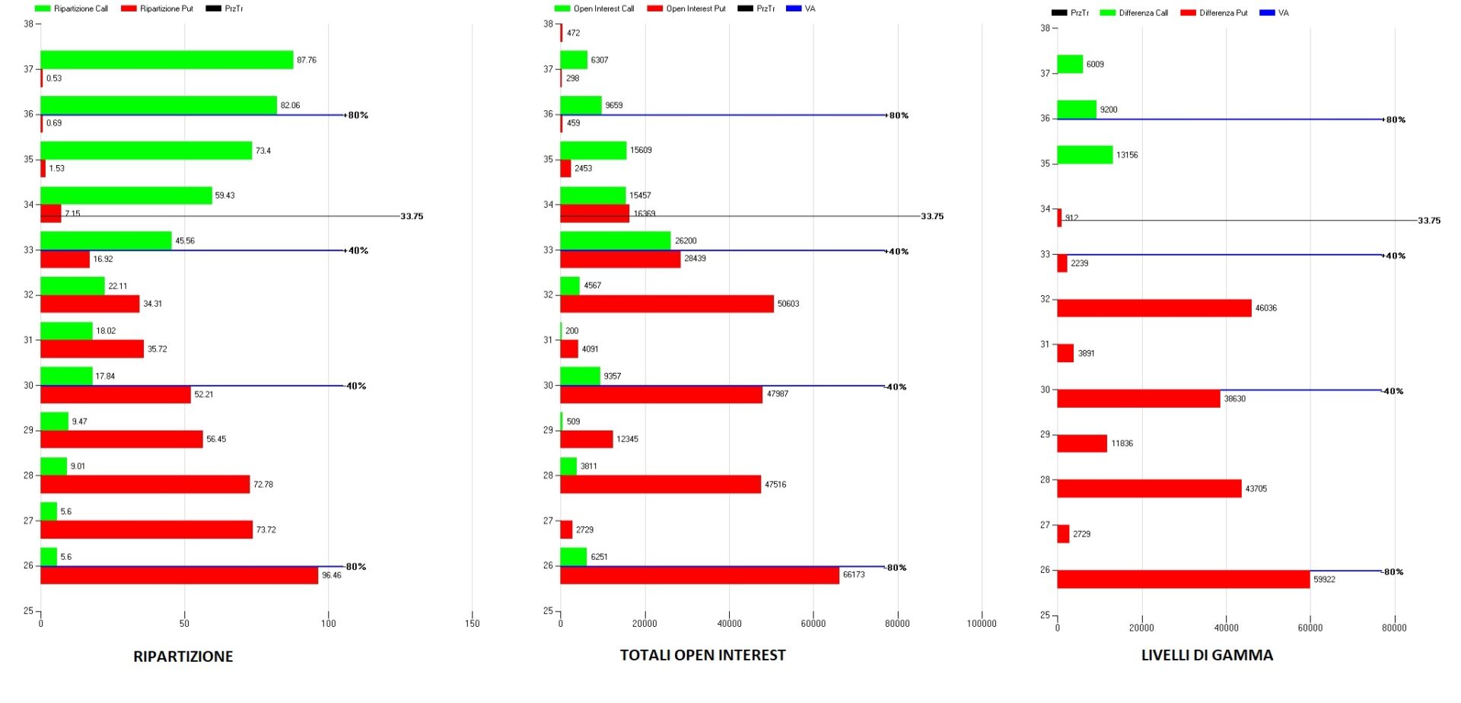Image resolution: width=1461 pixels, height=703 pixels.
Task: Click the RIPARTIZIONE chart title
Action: [x=183, y=657]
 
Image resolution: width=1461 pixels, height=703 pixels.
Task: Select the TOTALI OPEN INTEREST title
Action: [x=702, y=655]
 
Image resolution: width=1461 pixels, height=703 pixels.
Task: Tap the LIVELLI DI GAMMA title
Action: [x=1206, y=655]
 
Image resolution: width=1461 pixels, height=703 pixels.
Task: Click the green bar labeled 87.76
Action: [x=167, y=60]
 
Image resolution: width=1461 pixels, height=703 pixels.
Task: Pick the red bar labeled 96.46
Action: [x=179, y=576]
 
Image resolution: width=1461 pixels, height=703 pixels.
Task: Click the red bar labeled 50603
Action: [x=667, y=304]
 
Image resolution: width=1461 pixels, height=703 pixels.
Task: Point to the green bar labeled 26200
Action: [x=615, y=240]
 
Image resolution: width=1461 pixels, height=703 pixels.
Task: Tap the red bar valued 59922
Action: [x=1183, y=580]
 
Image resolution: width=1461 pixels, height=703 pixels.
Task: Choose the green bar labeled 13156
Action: [x=1084, y=155]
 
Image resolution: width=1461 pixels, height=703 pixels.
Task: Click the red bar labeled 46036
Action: [x=1154, y=308]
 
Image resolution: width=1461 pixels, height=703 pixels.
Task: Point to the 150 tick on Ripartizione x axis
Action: [x=472, y=624]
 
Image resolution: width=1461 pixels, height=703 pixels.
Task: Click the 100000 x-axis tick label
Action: [x=981, y=624]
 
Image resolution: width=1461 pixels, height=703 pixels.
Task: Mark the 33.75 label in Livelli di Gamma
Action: [x=1428, y=221]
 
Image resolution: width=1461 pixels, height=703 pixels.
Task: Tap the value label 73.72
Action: [x=266, y=530]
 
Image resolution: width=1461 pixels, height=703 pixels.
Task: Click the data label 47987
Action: [x=777, y=394]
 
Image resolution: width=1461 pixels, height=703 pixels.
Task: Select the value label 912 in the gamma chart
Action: [x=1071, y=218]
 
